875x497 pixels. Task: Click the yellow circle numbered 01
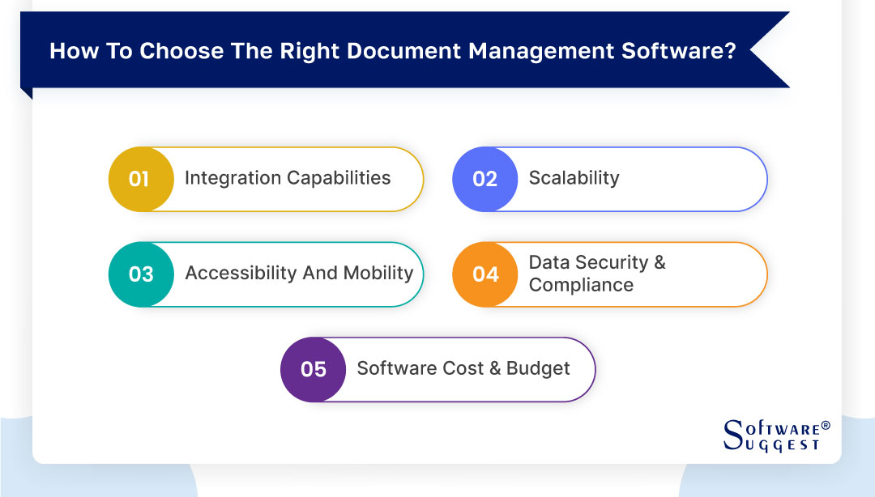pyautogui.click(x=140, y=179)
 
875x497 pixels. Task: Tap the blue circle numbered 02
pyautogui.click(x=484, y=179)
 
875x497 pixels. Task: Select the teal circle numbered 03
pyautogui.click(x=140, y=274)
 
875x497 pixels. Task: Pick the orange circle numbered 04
pyautogui.click(x=484, y=274)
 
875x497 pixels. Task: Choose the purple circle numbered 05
pyautogui.click(x=313, y=370)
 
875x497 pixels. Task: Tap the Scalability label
pyautogui.click(x=574, y=178)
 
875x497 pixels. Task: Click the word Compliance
pyautogui.click(x=581, y=285)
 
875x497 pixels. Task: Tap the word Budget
pyautogui.click(x=538, y=368)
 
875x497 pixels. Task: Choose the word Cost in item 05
pyautogui.click(x=465, y=368)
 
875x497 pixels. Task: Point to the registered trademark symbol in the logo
pyautogui.click(x=826, y=425)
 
